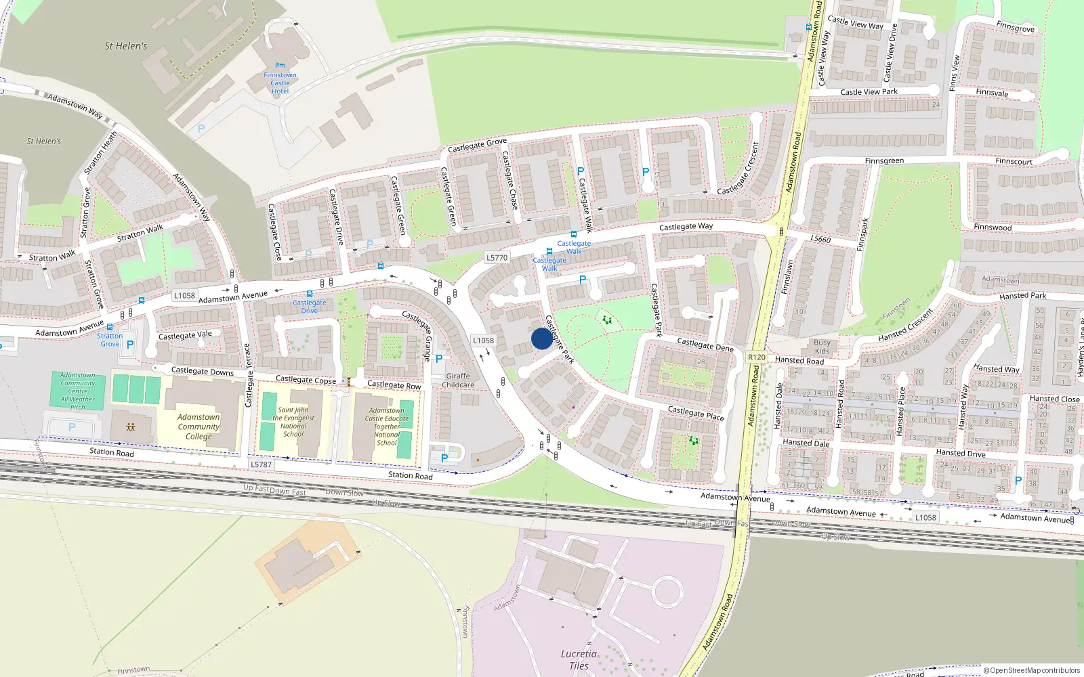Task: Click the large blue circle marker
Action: pyautogui.click(x=541, y=338)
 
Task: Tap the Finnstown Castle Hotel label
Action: pyautogui.click(x=280, y=83)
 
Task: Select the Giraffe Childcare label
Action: pyautogui.click(x=458, y=380)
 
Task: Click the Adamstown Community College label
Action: pyautogui.click(x=199, y=427)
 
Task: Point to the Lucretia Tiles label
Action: pyautogui.click(x=579, y=659)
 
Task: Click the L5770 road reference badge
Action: pyautogui.click(x=497, y=257)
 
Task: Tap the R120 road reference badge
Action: pyautogui.click(x=757, y=357)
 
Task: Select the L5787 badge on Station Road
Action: pyautogui.click(x=261, y=464)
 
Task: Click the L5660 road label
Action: pyautogui.click(x=820, y=239)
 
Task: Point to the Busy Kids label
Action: pyautogui.click(x=822, y=347)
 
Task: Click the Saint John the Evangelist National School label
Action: pyautogui.click(x=293, y=422)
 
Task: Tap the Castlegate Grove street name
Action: pyautogui.click(x=477, y=146)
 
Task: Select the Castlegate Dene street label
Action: pyautogui.click(x=705, y=345)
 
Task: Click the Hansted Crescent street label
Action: pyautogui.click(x=905, y=326)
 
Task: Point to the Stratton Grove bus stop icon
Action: pyautogui.click(x=110, y=327)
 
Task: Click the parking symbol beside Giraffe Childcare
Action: pyautogui.click(x=439, y=359)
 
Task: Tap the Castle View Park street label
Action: pyautogui.click(x=869, y=92)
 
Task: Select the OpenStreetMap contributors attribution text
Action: pyautogui.click(x=1031, y=670)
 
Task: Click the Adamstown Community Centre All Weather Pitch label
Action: pyautogui.click(x=78, y=391)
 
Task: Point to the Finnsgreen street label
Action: pyautogui.click(x=884, y=161)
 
